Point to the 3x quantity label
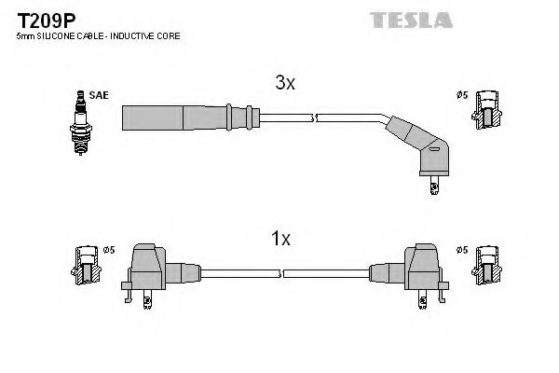tap(284, 84)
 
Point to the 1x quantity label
tap(280, 240)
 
